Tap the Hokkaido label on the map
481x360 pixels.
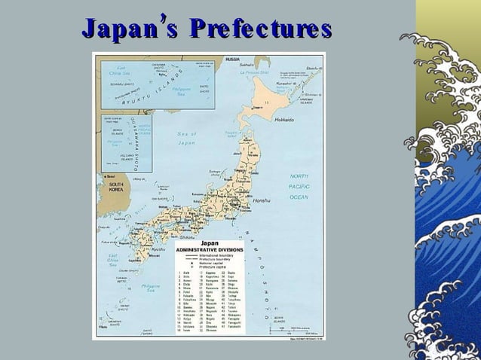tap(284, 120)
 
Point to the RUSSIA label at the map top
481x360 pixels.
tap(232, 59)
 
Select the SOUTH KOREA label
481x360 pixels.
tap(116, 187)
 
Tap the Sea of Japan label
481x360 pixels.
tap(187, 138)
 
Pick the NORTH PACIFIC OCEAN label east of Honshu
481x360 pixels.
tap(299, 186)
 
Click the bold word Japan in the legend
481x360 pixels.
tap(207, 243)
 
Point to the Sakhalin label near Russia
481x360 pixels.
tap(248, 65)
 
